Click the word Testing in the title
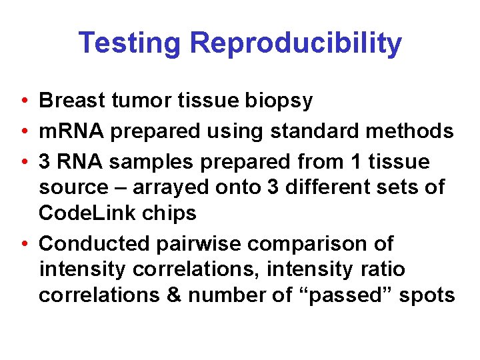pos(129,43)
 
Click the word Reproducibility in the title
pos(296,43)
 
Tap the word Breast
pos(71,101)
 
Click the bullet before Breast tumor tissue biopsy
pos(23,101)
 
